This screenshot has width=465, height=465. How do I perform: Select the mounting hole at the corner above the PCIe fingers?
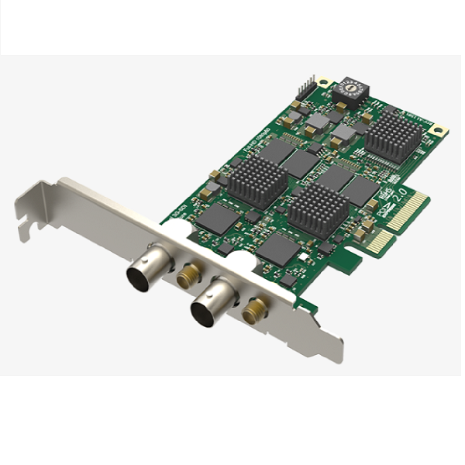point(440,128)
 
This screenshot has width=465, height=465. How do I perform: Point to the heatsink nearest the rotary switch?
point(394,139)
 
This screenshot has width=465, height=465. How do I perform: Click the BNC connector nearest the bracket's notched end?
point(144,270)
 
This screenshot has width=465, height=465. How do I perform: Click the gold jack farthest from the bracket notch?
point(253,312)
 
